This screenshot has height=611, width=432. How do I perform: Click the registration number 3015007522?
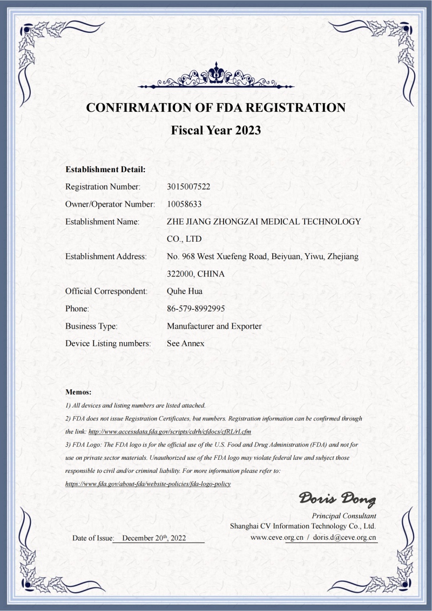(188, 187)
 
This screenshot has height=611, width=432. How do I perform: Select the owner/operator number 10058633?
(185, 204)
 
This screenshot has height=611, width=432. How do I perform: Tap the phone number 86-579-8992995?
(196, 309)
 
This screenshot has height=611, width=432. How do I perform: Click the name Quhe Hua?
(184, 291)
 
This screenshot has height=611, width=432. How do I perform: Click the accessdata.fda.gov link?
(170, 432)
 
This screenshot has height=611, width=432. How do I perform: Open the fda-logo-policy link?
(148, 484)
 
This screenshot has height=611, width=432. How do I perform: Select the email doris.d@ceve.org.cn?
(345, 538)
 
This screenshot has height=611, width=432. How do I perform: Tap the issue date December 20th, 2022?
(154, 538)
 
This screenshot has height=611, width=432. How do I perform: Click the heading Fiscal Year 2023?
(216, 130)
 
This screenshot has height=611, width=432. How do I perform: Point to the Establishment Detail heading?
(105, 169)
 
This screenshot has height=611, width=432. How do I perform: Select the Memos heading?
(78, 392)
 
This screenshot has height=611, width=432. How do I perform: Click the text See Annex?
(186, 343)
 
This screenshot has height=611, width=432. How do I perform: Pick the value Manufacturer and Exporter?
(214, 326)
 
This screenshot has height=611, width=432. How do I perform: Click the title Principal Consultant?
(344, 516)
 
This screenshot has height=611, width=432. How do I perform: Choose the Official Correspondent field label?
(106, 291)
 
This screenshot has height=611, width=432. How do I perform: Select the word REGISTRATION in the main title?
(296, 107)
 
